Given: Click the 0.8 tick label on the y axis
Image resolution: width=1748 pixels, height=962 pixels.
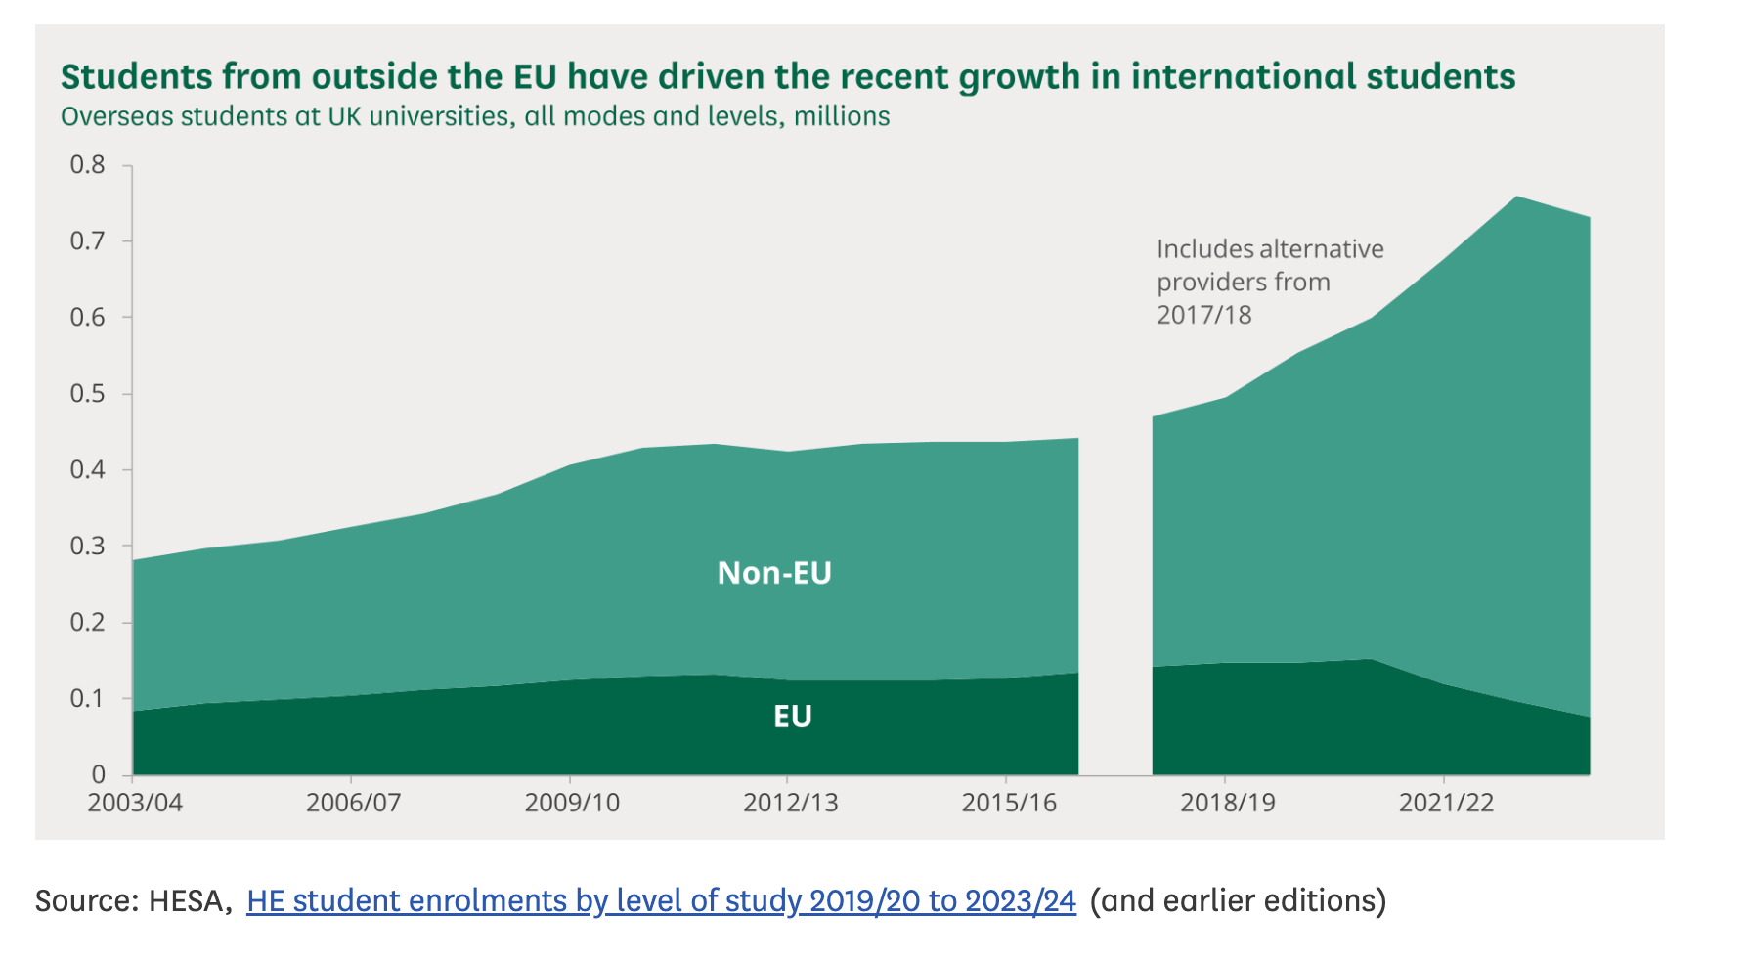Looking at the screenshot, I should coord(87,165).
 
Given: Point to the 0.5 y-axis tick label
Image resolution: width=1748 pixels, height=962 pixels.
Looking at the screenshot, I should coord(87,394).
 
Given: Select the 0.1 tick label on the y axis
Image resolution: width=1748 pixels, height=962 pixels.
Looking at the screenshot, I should coord(87,699).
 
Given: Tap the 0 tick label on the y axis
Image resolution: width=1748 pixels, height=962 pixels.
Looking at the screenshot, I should coord(99,775).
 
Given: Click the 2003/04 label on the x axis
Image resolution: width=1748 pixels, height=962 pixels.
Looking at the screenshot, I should coord(135,804).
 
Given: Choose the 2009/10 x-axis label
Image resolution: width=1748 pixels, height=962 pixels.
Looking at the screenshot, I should coord(572,804).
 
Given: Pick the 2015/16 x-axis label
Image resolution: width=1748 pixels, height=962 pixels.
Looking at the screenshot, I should coord(1009,804).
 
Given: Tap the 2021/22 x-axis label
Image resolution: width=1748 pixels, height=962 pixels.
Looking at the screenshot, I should coord(1446,804).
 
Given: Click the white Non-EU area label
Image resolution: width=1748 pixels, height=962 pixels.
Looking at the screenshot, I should coord(774,573).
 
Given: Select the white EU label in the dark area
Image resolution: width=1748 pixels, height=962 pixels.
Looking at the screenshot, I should coord(793,717).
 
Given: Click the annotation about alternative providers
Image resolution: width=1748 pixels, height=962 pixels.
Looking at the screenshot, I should coord(1269,282).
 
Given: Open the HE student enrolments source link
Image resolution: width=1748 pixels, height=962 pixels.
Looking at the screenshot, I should coord(661,900).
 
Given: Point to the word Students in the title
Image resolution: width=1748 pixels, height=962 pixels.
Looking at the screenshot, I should coord(136,77).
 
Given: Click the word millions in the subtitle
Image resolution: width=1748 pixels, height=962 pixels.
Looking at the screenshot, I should coord(842,117).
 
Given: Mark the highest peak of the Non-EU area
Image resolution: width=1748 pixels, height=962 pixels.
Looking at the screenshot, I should coord(1517,198).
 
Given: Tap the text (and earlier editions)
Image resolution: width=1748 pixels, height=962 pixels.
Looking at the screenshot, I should coord(1238,900).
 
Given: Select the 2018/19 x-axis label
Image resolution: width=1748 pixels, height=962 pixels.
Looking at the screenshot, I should coord(1228,804).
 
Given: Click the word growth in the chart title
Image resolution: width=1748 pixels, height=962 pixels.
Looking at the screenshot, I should coord(1019,77).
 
